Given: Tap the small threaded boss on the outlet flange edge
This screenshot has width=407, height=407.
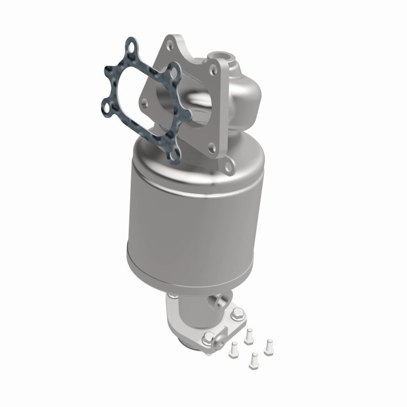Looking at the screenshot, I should click(209, 337).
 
